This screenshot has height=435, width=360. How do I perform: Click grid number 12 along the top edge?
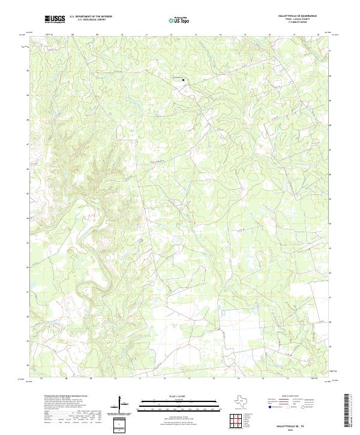(x=171, y=35)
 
